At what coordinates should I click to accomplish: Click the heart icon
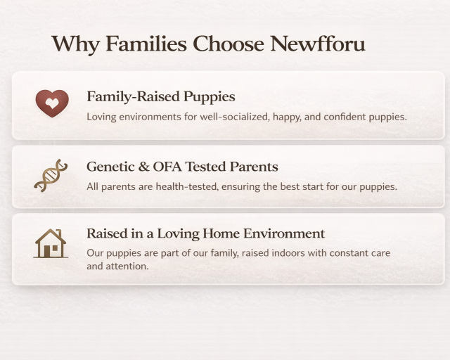click(52, 103)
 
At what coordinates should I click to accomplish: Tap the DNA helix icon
click(51, 175)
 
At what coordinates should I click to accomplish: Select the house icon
click(51, 243)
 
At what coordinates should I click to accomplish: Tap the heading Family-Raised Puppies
click(160, 96)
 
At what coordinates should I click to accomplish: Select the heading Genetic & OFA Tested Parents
click(182, 167)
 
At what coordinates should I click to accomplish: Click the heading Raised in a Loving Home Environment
click(205, 233)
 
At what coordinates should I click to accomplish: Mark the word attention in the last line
click(127, 266)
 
